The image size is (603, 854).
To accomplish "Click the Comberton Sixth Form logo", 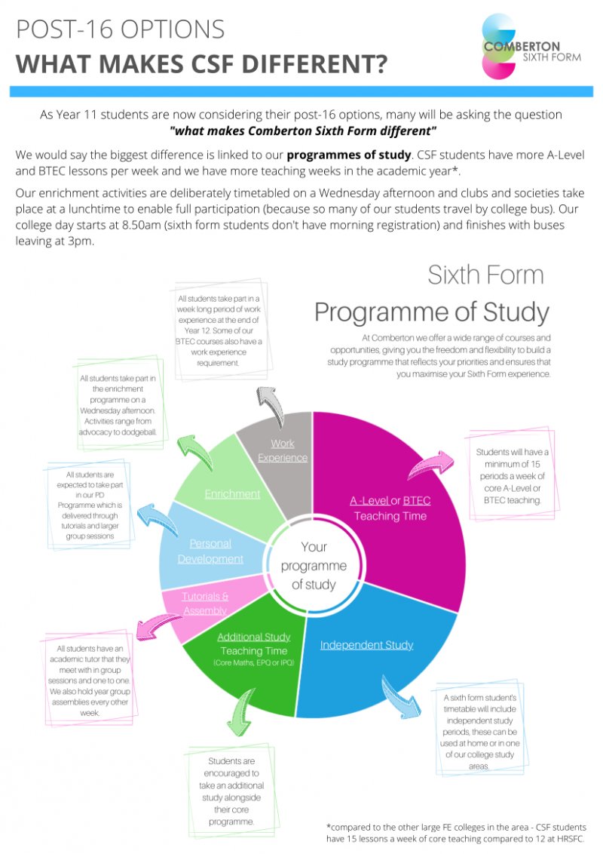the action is [x=531, y=47].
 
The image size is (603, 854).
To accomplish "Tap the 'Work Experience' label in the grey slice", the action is [x=283, y=451].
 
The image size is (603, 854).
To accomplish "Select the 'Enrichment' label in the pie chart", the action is [x=232, y=494].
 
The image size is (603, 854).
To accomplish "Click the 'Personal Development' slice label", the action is [x=210, y=551].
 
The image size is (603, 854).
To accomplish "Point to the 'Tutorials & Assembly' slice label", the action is [x=205, y=604].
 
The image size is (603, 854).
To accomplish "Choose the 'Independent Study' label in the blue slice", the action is [x=366, y=645].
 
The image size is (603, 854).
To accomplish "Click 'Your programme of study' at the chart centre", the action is [x=314, y=565].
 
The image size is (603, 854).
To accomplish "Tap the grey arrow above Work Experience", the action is [x=271, y=406].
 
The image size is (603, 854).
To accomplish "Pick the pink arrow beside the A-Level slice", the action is [x=430, y=464].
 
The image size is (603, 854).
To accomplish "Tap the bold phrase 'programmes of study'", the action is [x=348, y=155].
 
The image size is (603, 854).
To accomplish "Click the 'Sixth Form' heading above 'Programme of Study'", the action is [x=485, y=275].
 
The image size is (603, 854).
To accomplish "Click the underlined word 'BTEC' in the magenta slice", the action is [x=416, y=500].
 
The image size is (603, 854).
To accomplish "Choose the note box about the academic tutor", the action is [x=89, y=680].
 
